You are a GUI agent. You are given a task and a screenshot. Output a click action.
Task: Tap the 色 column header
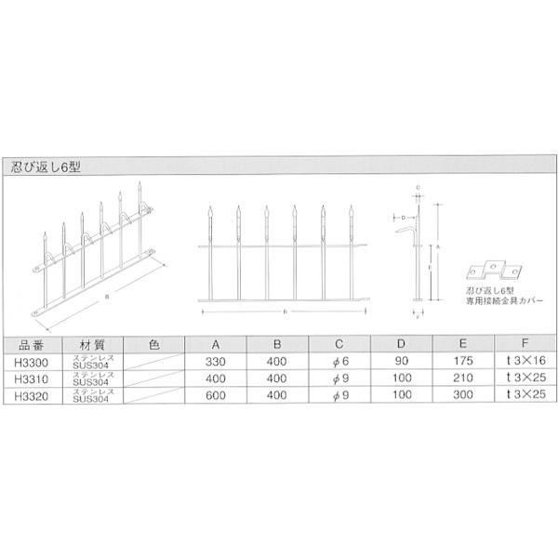point(154,343)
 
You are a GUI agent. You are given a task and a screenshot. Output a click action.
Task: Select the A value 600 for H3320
point(216,396)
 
